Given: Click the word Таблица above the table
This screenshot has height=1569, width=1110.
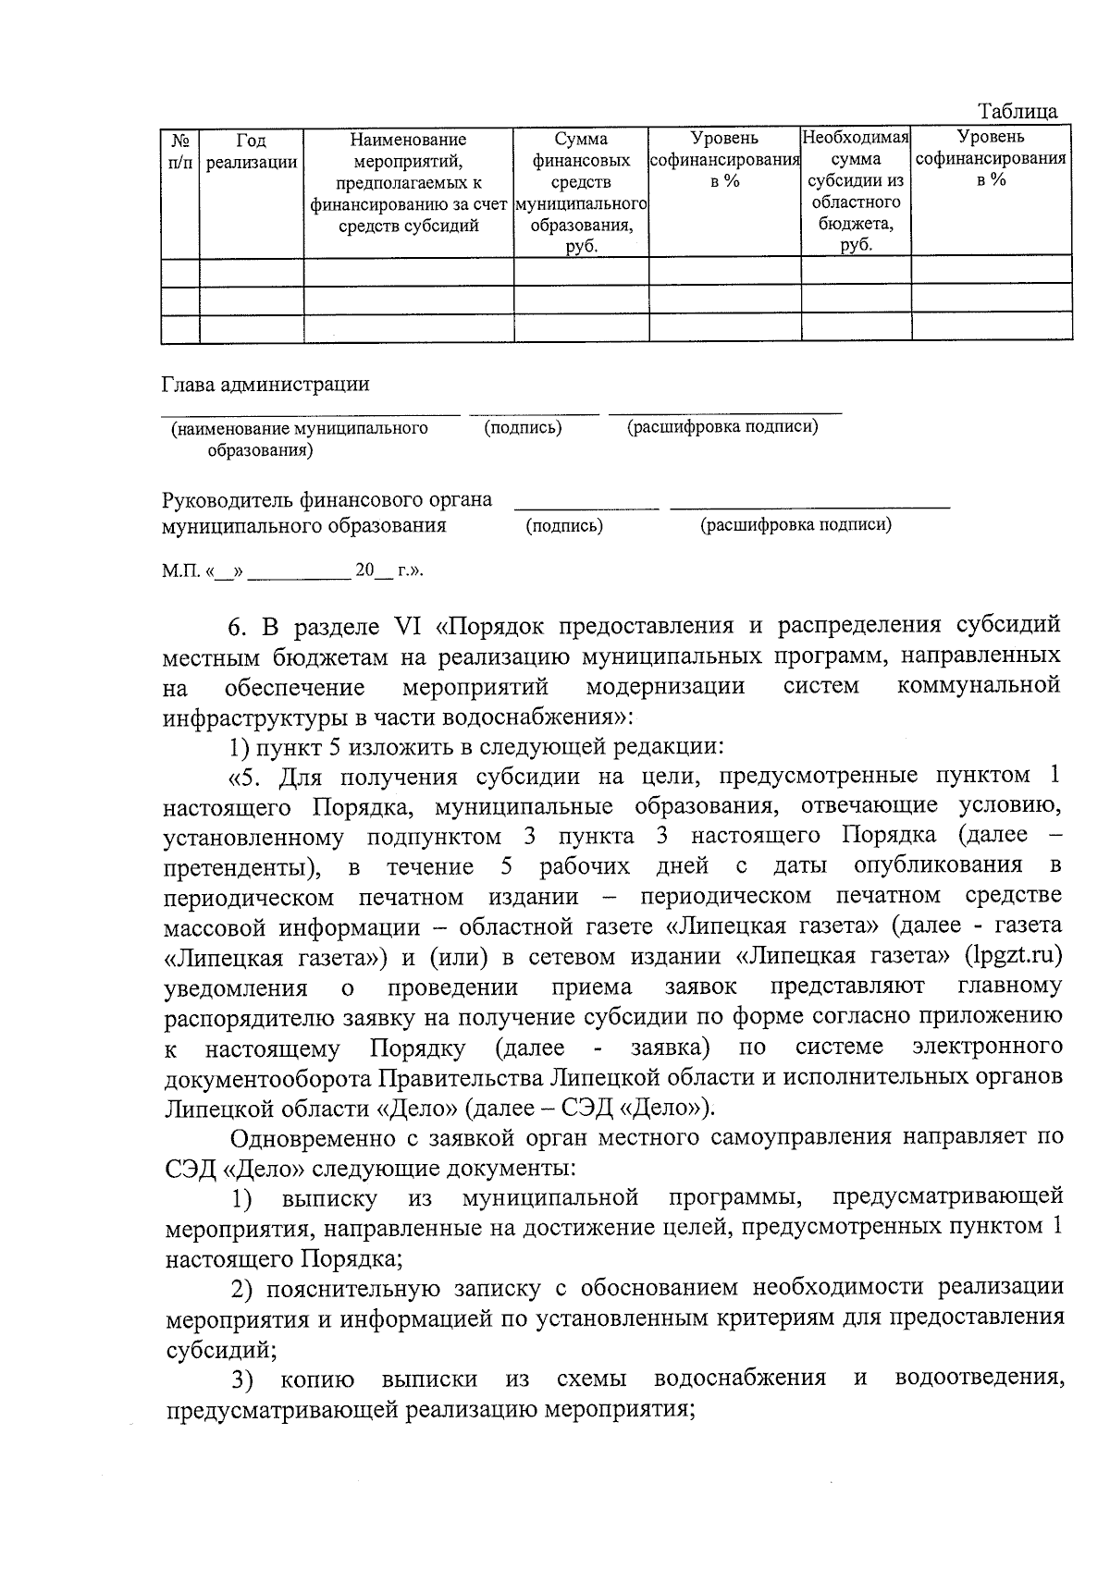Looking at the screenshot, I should tap(1018, 112).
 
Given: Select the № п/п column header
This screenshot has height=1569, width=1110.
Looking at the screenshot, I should tap(180, 151).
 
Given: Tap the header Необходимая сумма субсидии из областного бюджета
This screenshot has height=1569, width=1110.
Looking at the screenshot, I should tap(856, 191).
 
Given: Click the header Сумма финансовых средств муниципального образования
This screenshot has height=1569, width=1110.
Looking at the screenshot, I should tap(581, 191).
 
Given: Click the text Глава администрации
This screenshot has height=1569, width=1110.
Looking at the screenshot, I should tap(265, 384).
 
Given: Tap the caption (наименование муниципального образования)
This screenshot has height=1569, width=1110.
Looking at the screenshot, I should tap(299, 438).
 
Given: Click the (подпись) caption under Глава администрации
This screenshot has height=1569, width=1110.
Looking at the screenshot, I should tap(524, 427).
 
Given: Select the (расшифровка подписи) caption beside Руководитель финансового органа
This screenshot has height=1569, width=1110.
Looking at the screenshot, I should tap(795, 525).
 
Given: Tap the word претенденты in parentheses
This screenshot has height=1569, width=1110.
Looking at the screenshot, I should tap(242, 866).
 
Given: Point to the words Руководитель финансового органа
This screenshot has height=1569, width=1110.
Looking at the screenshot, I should tap(327, 500).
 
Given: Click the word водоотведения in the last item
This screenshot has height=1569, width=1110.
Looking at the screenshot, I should tap(979, 1379).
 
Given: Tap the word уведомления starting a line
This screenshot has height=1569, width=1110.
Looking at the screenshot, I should tap(235, 987).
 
